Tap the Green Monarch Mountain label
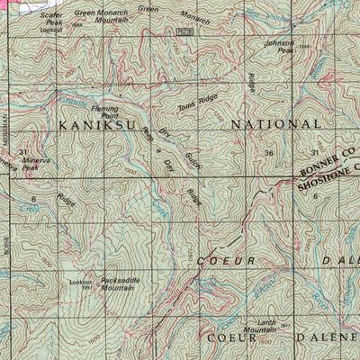pyautogui.click(x=101, y=17)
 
